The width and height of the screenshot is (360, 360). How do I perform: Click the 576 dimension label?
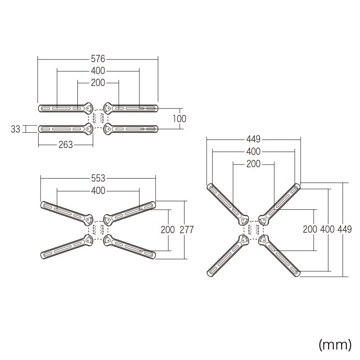[98, 59]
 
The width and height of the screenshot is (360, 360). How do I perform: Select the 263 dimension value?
[66, 145]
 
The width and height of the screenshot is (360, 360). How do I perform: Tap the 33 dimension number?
[16, 129]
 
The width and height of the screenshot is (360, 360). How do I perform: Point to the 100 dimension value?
[179, 119]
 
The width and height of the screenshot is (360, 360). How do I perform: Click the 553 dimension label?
[98, 178]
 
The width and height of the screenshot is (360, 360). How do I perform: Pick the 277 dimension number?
[187, 229]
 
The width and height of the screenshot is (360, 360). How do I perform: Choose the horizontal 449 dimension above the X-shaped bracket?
[253, 139]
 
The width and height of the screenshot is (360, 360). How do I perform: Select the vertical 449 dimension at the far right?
[345, 229]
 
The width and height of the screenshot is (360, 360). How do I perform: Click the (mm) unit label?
[335, 345]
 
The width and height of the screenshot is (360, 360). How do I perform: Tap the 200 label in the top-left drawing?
[98, 83]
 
